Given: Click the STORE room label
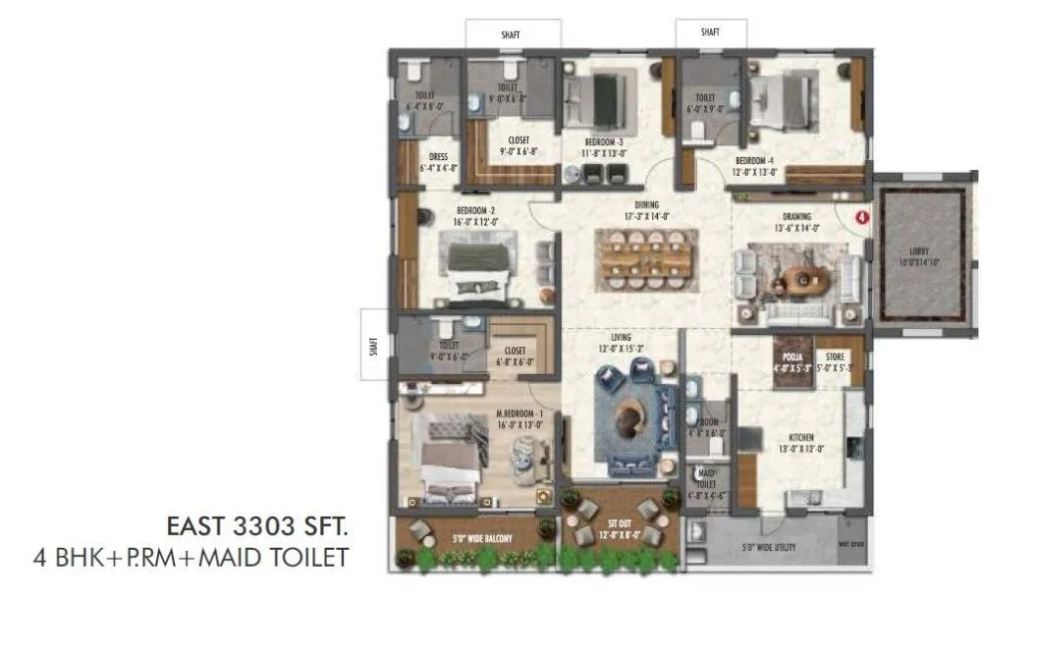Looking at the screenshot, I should [x=835, y=357].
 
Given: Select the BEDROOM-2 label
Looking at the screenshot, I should [x=475, y=210].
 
